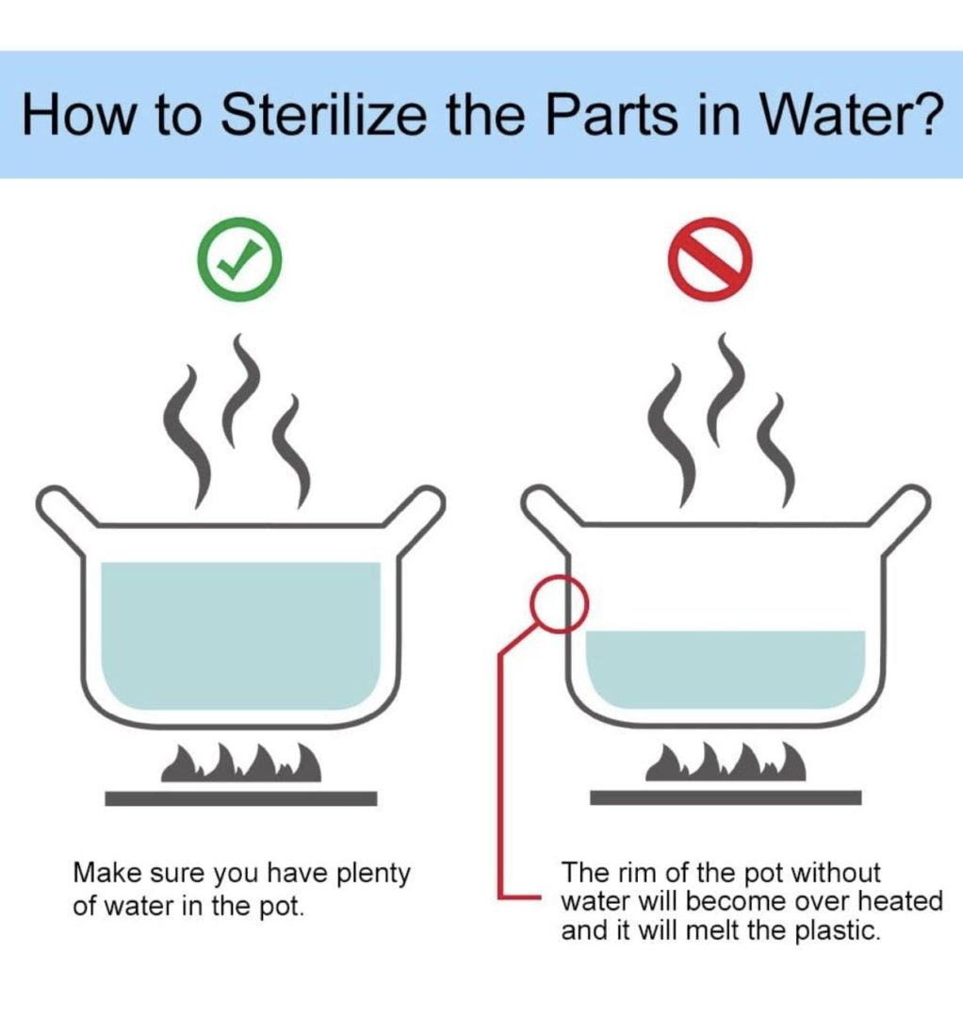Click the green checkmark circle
pos(239,259)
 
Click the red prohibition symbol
pos(710,259)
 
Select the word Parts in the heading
pos(610,114)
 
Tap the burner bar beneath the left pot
pos(241,798)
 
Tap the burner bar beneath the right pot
pos(726,797)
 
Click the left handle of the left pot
pos(61,513)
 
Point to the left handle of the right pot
pos(547,512)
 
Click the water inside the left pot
pos(241,635)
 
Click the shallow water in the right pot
pos(726,668)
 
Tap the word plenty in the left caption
pos(372,874)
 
